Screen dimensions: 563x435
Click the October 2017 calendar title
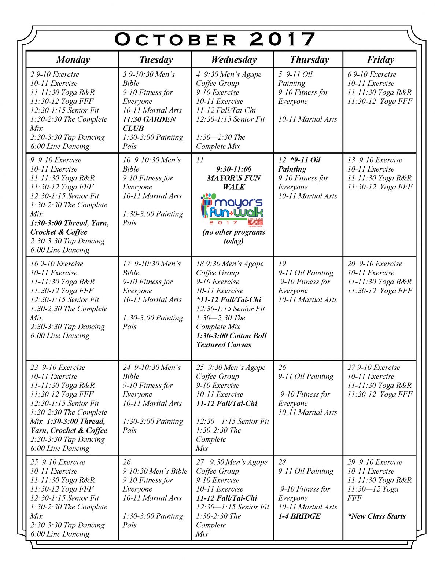215,39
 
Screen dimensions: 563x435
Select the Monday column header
73,60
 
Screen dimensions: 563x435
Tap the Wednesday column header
233,60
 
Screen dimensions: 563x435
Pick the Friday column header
380,60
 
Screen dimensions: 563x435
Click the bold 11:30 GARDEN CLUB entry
149,124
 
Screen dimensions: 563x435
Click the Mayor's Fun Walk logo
232,210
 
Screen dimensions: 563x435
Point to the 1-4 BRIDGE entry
299,516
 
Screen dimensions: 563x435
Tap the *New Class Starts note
376,516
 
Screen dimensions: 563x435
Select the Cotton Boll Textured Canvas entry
231,340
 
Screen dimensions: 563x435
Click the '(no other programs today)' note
233,236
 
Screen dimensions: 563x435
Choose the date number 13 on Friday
351,160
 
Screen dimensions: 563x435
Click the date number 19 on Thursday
282,264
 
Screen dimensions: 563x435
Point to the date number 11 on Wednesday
200,160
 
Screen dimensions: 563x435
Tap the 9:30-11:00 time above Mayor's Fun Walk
234,169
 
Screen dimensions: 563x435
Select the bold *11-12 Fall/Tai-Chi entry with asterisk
229,300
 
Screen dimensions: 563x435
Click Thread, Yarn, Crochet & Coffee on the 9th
70,228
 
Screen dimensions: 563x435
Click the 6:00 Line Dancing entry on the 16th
60,336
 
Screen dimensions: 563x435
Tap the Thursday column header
309,60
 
